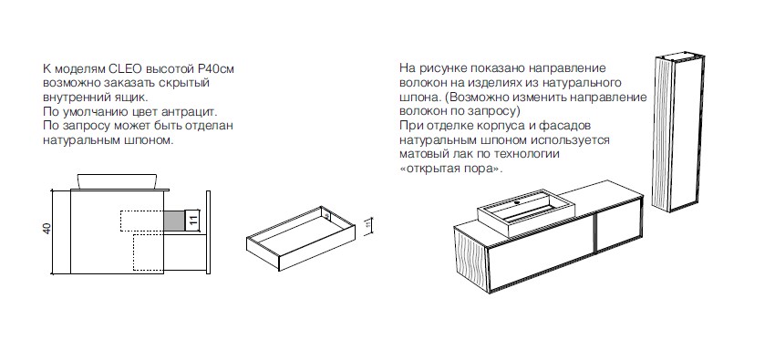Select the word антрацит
[193, 111]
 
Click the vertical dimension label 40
[46, 229]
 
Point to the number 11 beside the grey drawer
[193, 220]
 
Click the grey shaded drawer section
[174, 221]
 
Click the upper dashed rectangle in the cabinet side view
[142, 221]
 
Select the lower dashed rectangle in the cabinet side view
[149, 252]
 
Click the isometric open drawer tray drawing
[300, 238]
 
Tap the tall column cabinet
[677, 134]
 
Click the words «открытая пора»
[450, 169]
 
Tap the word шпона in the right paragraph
[416, 98]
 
